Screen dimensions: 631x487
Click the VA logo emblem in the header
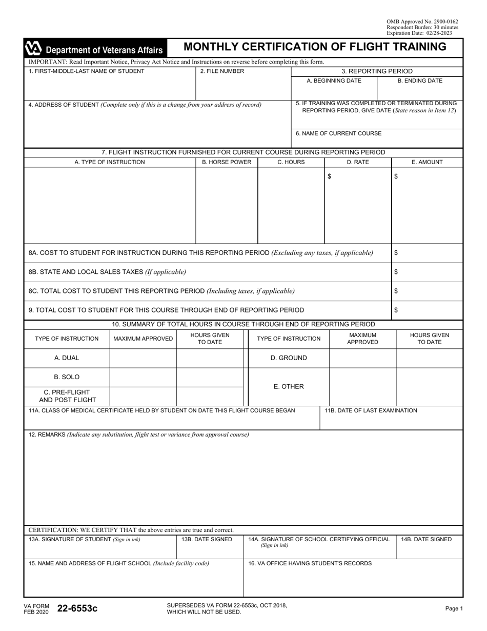coord(34,49)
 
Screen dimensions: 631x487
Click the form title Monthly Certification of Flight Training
coord(315,47)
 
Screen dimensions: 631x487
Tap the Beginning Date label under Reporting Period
coord(334,81)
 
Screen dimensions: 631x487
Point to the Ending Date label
coord(420,81)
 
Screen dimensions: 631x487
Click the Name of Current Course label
coord(338,133)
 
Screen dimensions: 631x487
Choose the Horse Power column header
coord(227,162)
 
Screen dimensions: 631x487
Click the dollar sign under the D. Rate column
coord(329,176)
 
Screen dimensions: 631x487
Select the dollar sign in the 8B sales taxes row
coord(396,272)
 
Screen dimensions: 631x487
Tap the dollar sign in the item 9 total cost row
coord(396,310)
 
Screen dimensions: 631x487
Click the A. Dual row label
coord(67,358)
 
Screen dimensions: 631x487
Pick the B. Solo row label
coord(67,377)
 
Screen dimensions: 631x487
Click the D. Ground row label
coord(289,358)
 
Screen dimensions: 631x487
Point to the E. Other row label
coord(289,387)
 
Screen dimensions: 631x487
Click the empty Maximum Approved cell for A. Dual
coord(143,358)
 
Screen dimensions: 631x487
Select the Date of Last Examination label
coord(371,410)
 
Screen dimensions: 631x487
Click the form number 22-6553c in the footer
coord(77,608)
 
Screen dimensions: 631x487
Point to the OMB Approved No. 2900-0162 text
coord(422,22)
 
